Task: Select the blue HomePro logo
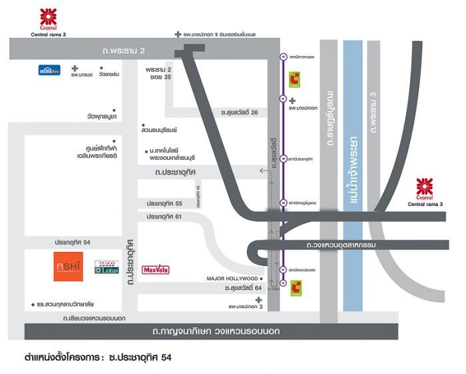(49, 69)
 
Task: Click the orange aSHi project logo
(69, 267)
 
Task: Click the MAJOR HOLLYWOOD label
(232, 278)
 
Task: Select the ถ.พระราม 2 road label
(124, 50)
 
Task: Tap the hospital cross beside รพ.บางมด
(75, 68)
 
